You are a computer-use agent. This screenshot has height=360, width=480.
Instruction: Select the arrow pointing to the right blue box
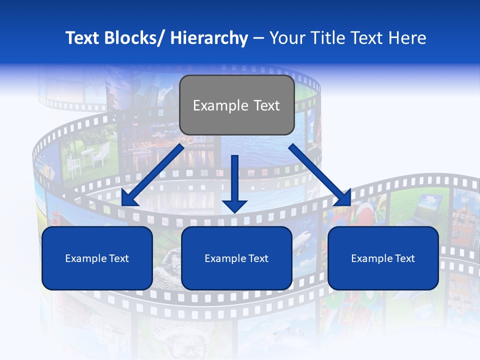tap(320, 175)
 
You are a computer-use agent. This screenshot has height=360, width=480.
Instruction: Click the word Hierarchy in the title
tap(209, 38)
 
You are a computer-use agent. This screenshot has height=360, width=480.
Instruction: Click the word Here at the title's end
tap(408, 38)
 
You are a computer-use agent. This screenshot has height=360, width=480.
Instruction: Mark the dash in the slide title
tap(258, 38)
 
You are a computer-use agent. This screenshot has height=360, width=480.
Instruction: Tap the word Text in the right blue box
tap(403, 258)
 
